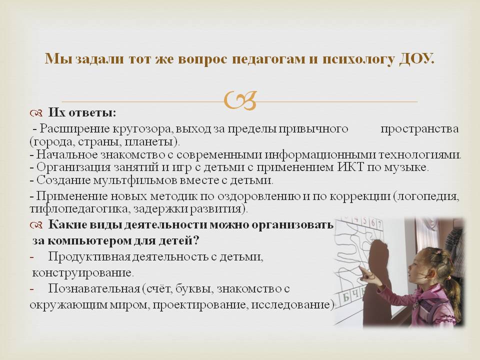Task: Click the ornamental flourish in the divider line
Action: tap(240, 100)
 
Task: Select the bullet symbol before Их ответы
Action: tap(36, 113)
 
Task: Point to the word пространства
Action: tap(419, 129)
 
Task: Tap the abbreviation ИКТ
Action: tap(351, 167)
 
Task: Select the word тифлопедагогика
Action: tap(80, 209)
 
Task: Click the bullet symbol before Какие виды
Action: tap(36, 225)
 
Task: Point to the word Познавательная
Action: tap(94, 288)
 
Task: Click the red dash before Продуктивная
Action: tap(32, 257)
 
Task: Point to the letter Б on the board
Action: tap(346, 296)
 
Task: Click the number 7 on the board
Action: tap(379, 223)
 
